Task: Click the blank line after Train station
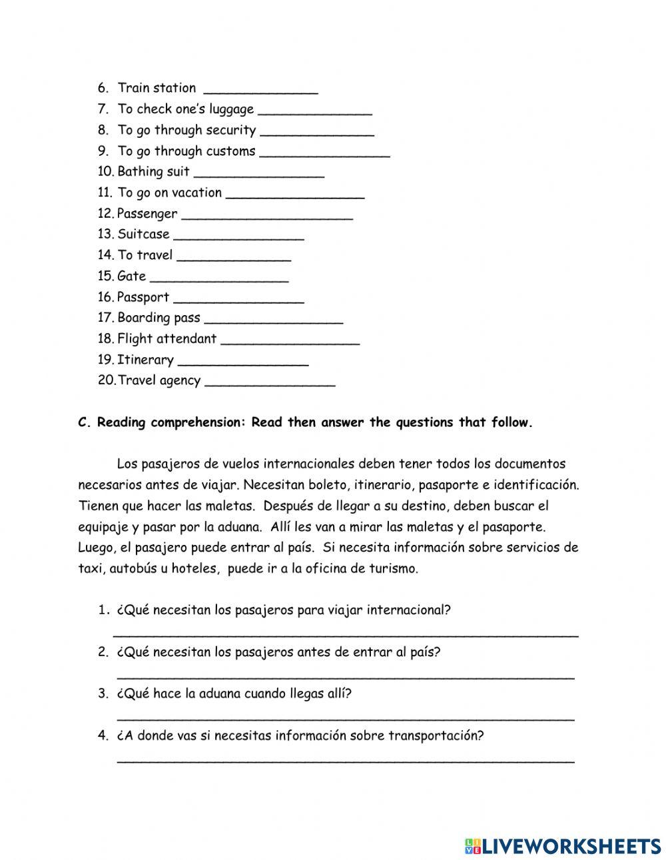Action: pyautogui.click(x=260, y=89)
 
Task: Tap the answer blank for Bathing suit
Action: pyautogui.click(x=258, y=173)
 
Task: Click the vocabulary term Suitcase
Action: pyautogui.click(x=143, y=234)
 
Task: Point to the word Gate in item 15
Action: pyautogui.click(x=131, y=276)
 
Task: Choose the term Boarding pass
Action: pyautogui.click(x=159, y=318)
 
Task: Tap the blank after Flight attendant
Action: pyautogui.click(x=290, y=340)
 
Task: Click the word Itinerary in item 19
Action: pyautogui.click(x=145, y=360)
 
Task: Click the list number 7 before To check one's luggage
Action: pyautogui.click(x=103, y=109)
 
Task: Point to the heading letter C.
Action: pyautogui.click(x=83, y=422)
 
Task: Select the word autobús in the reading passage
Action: pyautogui.click(x=138, y=569)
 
